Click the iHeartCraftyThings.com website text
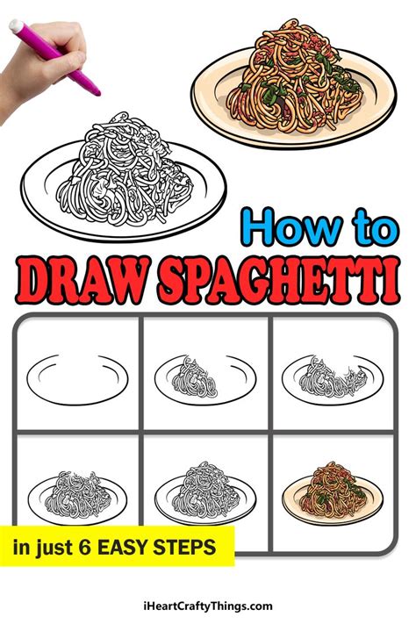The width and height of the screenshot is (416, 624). pyautogui.click(x=207, y=606)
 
